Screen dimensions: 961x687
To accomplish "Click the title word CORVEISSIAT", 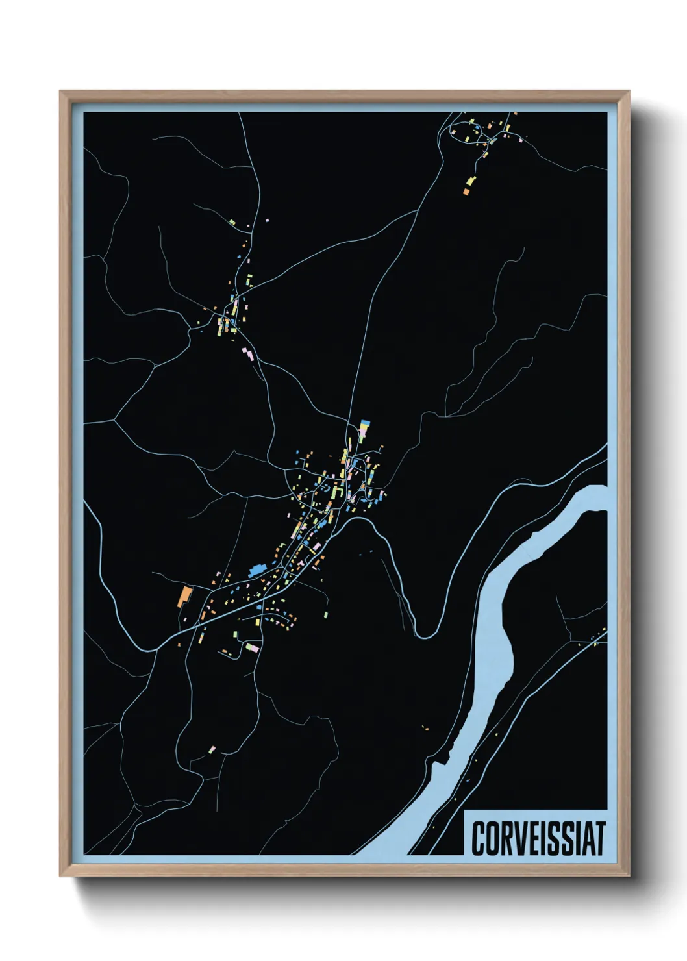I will (x=538, y=838).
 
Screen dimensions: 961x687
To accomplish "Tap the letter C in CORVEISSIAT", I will (x=479, y=838).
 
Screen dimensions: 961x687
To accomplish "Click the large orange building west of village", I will (x=184, y=596).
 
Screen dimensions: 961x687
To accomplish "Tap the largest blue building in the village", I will (x=256, y=571).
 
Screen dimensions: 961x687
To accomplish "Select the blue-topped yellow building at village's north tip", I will (x=365, y=427).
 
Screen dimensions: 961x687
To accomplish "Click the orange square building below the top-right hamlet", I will (x=466, y=192).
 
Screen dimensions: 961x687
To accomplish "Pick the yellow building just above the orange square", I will (x=471, y=181).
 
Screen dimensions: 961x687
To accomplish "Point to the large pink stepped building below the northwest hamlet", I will (x=248, y=354).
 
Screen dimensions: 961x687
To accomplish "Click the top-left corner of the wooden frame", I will (x=61, y=92).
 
